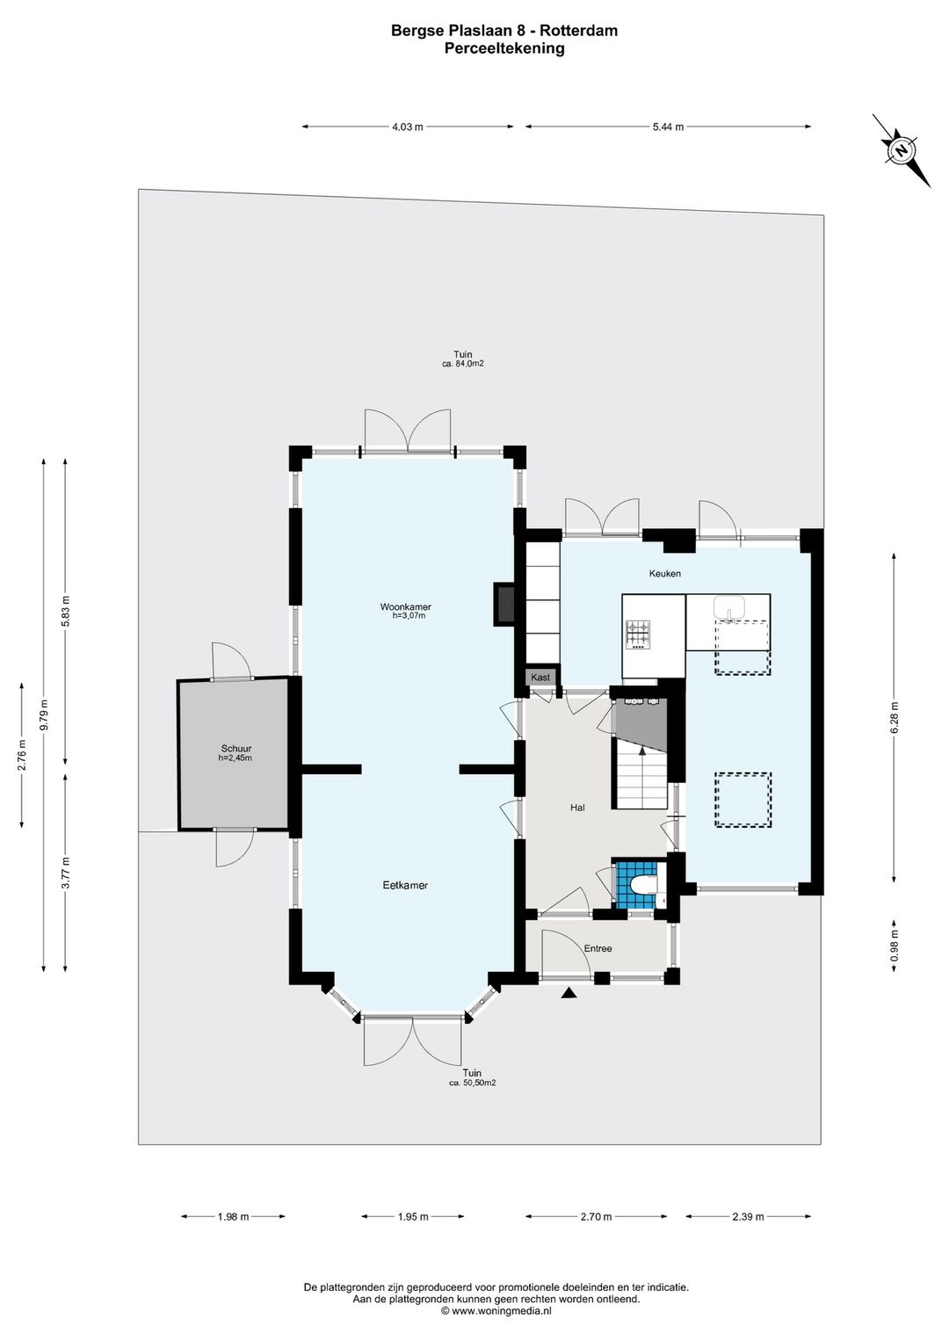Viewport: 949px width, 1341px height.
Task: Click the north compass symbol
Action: pos(901,150)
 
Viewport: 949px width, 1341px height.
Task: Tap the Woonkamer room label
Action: pos(405,607)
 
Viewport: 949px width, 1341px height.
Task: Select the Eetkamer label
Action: pos(405,886)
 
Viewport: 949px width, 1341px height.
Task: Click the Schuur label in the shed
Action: pos(235,749)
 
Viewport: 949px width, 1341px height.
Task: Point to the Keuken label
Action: pos(664,574)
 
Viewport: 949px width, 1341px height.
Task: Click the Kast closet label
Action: pos(540,678)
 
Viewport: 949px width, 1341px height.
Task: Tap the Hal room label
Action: pos(577,808)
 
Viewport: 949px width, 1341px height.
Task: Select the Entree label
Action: pos(598,948)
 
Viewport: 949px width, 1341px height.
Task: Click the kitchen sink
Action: pos(728,607)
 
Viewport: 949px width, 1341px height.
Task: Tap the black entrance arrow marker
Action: pos(569,994)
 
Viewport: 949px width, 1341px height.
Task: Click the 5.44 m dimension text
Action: pos(668,127)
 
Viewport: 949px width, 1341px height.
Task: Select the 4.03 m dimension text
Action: pos(408,127)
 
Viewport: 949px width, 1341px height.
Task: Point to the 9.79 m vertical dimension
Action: pos(43,715)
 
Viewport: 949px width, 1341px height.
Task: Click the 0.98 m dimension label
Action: pos(895,946)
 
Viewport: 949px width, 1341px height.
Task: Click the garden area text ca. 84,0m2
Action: pos(463,364)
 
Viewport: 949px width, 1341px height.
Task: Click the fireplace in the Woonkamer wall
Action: pos(504,604)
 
